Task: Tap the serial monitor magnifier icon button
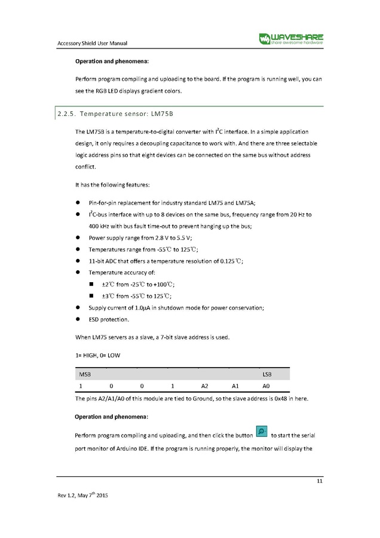point(261,432)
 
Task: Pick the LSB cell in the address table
point(267,374)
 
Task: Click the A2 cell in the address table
point(204,386)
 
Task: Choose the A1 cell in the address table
point(235,386)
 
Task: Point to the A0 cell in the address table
point(266,386)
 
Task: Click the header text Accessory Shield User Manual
point(92,43)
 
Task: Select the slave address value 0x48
point(279,399)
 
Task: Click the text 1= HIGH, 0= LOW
point(97,356)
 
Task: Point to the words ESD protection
point(108,319)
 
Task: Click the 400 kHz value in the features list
point(99,225)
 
